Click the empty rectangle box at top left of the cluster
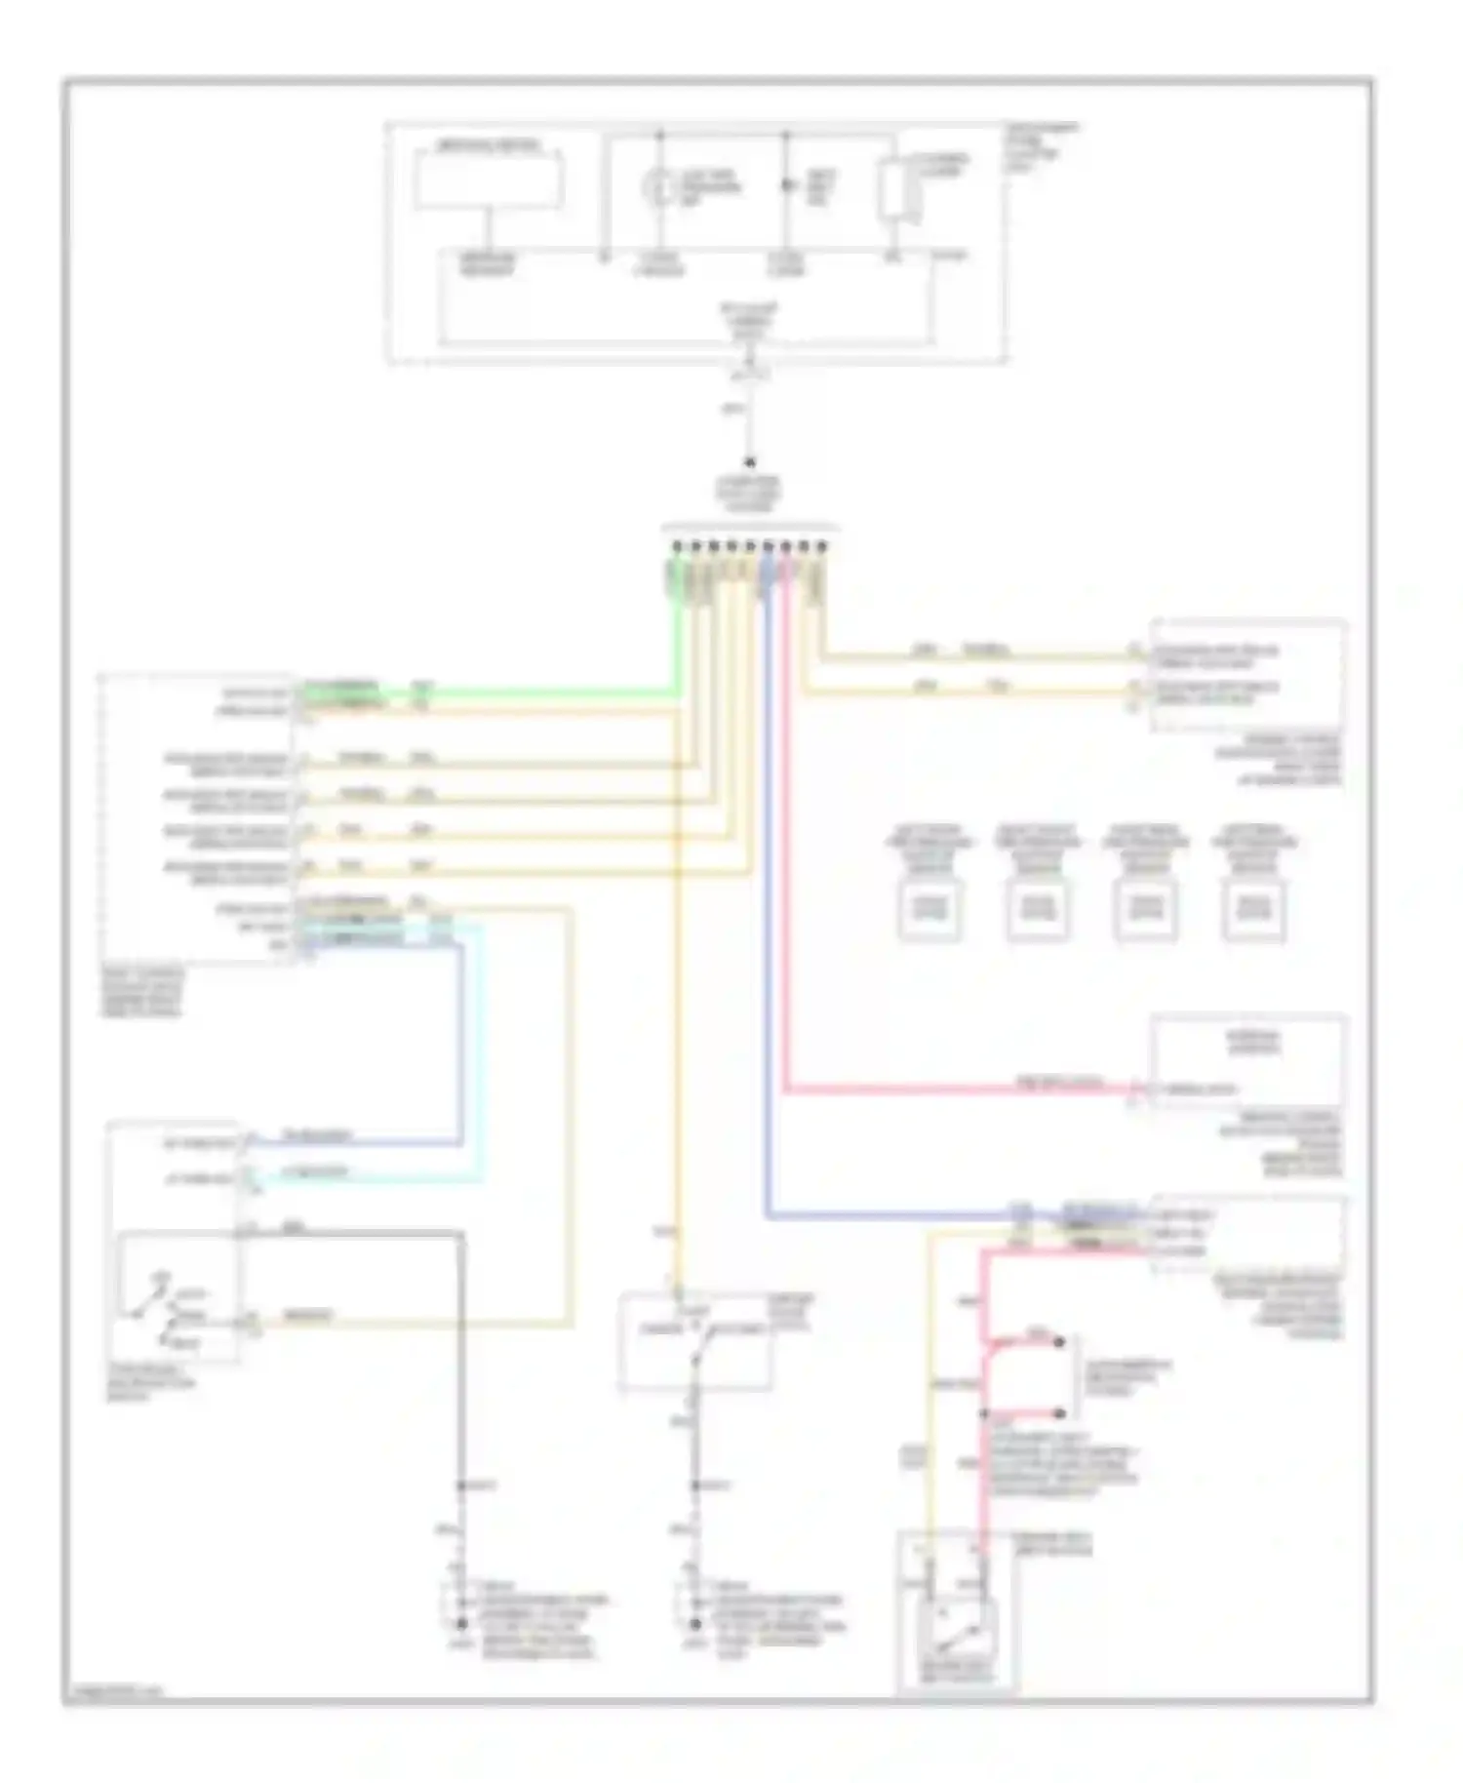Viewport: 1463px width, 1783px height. coord(488,178)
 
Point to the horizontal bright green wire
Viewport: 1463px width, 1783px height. coord(488,693)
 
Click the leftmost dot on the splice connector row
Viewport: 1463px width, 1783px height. coord(676,546)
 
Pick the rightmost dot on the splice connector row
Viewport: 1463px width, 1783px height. coord(821,546)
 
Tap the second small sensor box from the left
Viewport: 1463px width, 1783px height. coord(1037,909)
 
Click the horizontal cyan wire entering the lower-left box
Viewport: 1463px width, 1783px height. coord(371,1179)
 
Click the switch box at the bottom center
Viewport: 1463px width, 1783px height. coord(695,1340)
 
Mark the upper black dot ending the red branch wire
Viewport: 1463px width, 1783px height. coord(1058,1343)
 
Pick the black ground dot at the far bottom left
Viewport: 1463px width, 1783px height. coord(461,1624)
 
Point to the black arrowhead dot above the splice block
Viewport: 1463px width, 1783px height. coord(749,463)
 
